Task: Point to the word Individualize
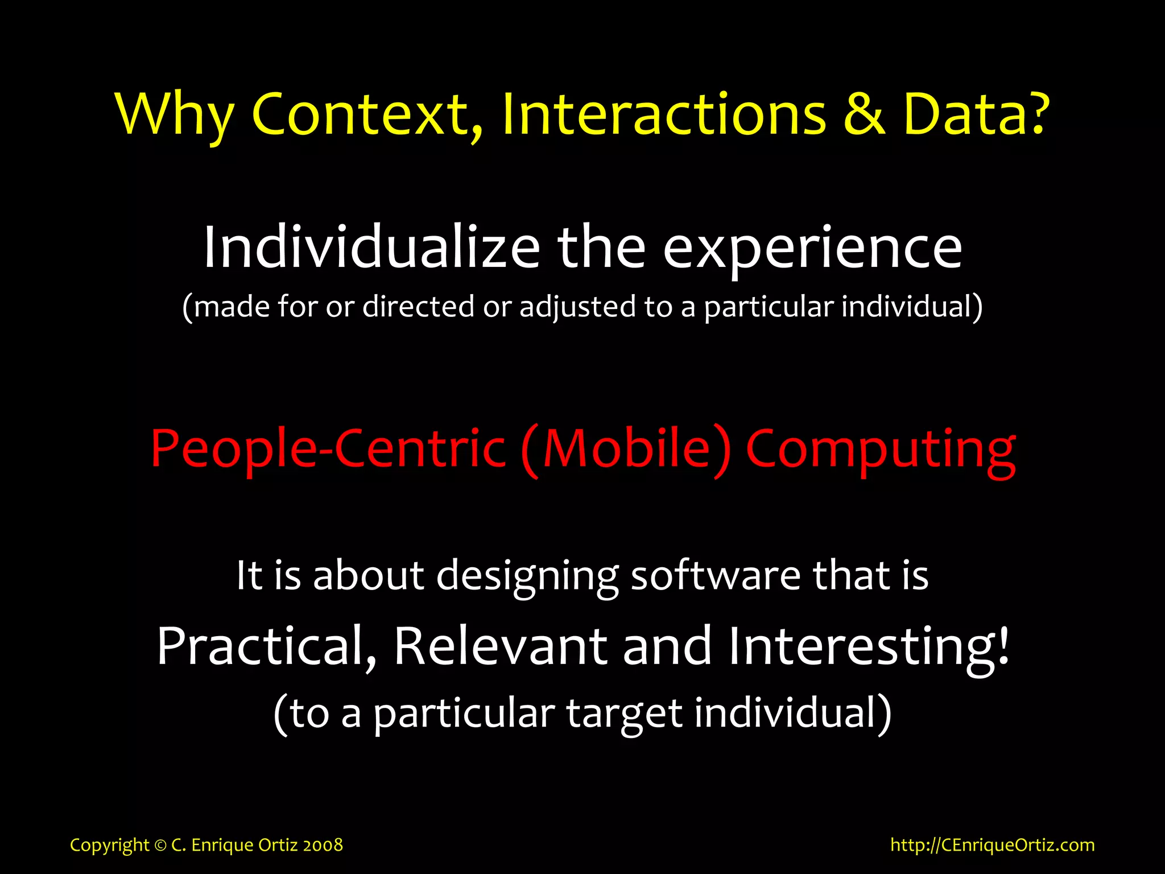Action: click(371, 248)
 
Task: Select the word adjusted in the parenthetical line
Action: click(577, 307)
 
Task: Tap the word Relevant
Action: click(501, 646)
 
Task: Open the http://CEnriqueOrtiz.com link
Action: click(993, 845)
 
